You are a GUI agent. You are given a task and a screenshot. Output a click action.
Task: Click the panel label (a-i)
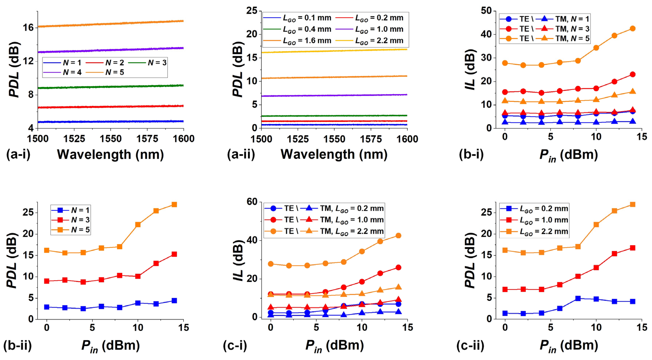click(x=18, y=154)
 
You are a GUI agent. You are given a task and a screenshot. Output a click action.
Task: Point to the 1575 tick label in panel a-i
click(x=147, y=139)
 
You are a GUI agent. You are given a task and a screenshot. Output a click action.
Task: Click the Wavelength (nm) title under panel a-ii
click(x=334, y=154)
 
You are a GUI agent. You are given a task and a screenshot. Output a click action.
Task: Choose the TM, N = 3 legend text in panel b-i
click(x=572, y=29)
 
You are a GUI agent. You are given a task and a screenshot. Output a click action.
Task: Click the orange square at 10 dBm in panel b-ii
click(x=138, y=225)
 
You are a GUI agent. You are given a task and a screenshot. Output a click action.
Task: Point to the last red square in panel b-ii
click(x=174, y=254)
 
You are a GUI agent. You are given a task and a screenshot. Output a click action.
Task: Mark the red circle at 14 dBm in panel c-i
click(x=398, y=267)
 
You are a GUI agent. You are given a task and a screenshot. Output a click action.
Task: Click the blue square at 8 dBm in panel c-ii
click(x=578, y=298)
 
